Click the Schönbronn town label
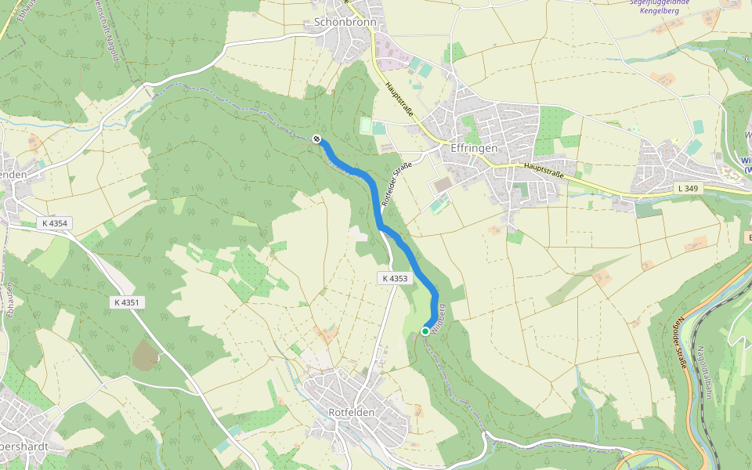pos(345,23)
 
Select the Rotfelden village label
pos(351,412)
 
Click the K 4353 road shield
pos(396,278)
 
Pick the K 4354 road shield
pos(55,223)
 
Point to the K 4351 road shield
pos(128,302)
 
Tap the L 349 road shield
pos(685,189)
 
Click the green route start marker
pos(425,331)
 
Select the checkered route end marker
pos(317,139)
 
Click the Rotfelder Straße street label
pos(396,184)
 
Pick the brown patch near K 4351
pos(146,356)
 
